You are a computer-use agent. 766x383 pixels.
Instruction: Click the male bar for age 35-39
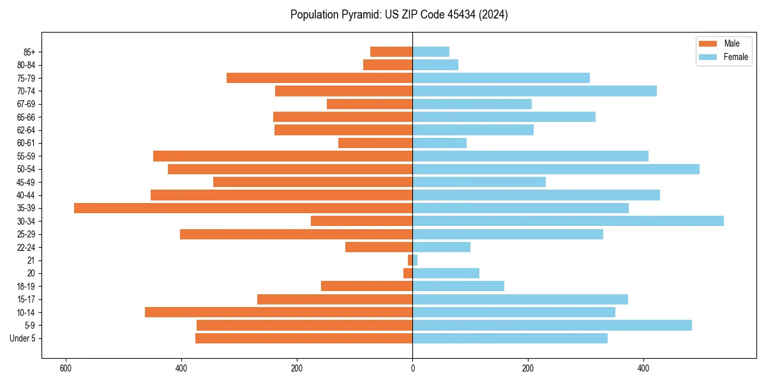point(243,208)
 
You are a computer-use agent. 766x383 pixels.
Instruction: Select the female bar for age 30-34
point(568,221)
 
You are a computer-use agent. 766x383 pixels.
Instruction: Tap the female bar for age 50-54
point(556,169)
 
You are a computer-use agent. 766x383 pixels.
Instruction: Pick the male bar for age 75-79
point(319,78)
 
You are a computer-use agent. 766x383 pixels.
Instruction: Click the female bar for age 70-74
point(534,91)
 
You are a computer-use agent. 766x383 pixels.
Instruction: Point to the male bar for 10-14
point(278,312)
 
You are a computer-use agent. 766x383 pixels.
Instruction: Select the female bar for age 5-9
point(552,325)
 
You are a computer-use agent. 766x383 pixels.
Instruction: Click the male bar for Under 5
point(304,338)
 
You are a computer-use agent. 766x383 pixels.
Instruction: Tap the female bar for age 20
point(446,273)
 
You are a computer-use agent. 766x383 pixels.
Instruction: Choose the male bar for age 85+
point(391,52)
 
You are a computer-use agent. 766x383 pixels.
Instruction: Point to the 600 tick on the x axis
point(65,368)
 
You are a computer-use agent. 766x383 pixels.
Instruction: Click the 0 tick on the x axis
point(412,368)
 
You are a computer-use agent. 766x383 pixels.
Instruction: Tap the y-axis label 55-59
point(26,156)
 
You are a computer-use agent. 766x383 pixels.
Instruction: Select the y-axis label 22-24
point(26,247)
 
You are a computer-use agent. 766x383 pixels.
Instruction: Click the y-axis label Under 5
point(23,338)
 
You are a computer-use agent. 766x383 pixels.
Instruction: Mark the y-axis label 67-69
point(26,104)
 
